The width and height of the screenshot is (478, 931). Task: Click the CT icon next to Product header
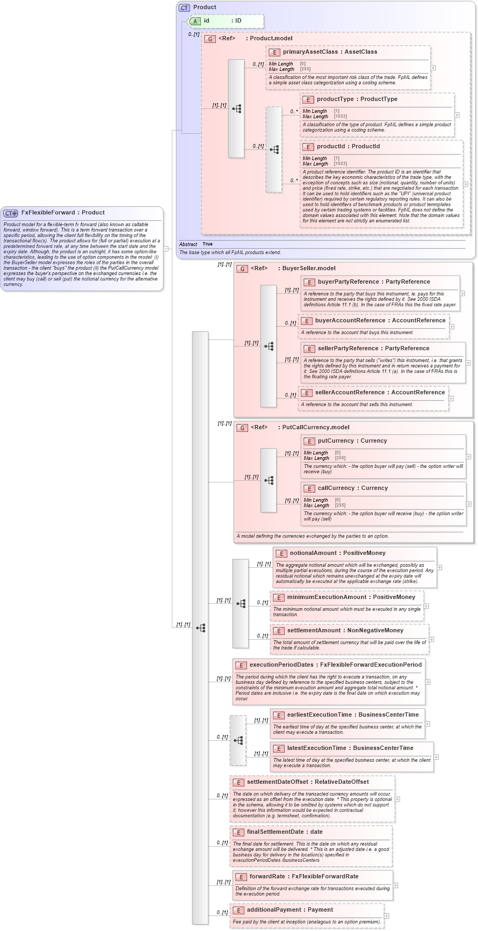pos(184,8)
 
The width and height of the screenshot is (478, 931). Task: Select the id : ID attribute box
pos(226,21)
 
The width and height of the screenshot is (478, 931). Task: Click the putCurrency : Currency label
pos(352,441)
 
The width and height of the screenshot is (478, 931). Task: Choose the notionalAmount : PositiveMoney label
pos(338,553)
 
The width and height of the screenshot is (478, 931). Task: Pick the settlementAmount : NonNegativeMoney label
pos(345,631)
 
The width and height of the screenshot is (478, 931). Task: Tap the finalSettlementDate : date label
pos(285,832)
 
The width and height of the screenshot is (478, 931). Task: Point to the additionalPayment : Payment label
pos(290,910)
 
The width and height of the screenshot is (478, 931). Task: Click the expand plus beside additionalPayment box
pos(386,916)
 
